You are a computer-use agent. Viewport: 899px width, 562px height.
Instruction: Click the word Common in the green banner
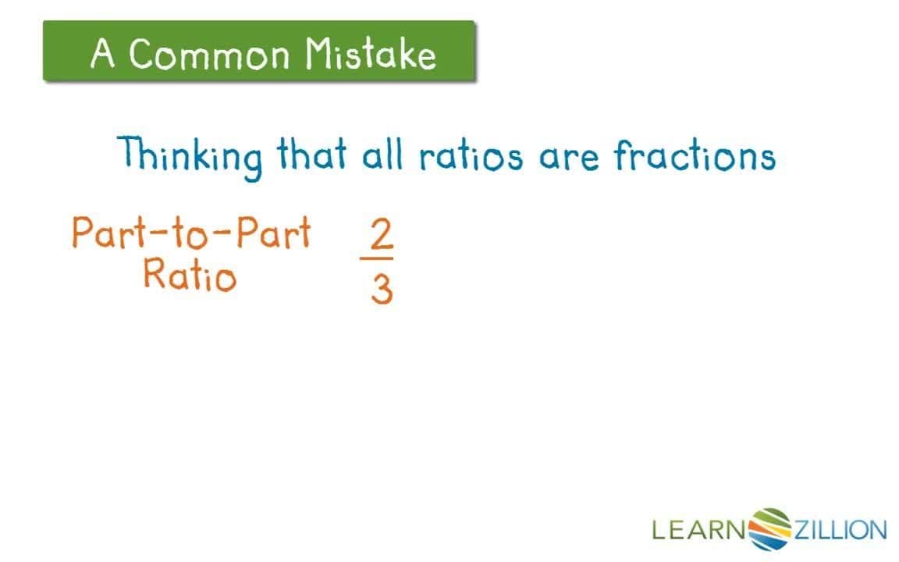tap(209, 55)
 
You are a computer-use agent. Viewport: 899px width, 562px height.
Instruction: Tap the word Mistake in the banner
tap(370, 55)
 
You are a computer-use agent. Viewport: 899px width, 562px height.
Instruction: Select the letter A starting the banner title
tap(101, 55)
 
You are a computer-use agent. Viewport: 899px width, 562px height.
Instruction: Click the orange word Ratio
tap(189, 275)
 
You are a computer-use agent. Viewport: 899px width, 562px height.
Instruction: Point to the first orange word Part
tap(105, 233)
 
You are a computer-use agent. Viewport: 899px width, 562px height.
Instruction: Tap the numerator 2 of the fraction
tap(381, 234)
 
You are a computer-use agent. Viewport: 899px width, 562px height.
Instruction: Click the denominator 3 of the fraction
tap(381, 290)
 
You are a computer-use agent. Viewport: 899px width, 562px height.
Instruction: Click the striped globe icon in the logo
tap(769, 529)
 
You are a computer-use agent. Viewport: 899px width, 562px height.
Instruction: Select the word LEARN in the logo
tap(699, 531)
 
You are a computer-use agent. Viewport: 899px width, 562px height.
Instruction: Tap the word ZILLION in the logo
tap(840, 531)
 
